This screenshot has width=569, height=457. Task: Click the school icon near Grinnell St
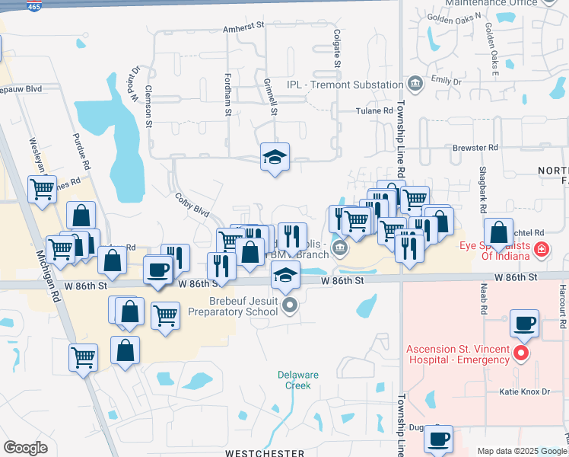(x=275, y=157)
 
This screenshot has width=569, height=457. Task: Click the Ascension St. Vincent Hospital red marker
(x=520, y=353)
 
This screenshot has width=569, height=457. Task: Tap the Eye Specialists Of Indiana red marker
(x=540, y=248)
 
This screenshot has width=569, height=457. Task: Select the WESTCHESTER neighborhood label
(x=264, y=452)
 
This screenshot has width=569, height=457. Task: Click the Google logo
(x=25, y=448)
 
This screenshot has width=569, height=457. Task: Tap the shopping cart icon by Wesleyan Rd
(x=42, y=188)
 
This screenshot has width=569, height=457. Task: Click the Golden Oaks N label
(x=455, y=17)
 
